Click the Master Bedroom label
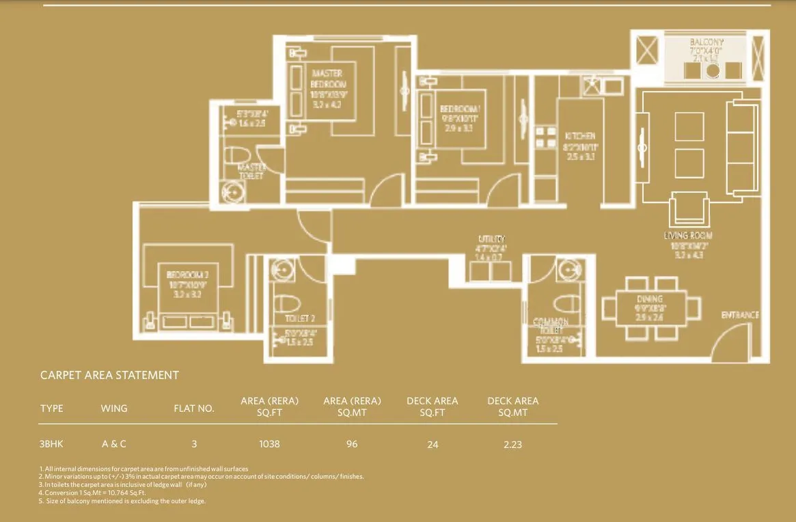coord(327,79)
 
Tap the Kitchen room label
coord(579,136)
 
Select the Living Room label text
coord(687,236)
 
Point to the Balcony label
coord(706,42)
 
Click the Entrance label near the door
coord(740,315)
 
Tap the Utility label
coord(491,239)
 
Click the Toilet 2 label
coord(299,319)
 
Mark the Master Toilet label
coord(251,171)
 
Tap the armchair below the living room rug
coord(689,210)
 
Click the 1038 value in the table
coord(269,444)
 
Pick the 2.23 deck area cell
coord(512,444)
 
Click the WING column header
coord(113,409)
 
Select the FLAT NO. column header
coord(194,409)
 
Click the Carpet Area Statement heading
coord(109,375)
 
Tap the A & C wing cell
coord(114,443)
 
